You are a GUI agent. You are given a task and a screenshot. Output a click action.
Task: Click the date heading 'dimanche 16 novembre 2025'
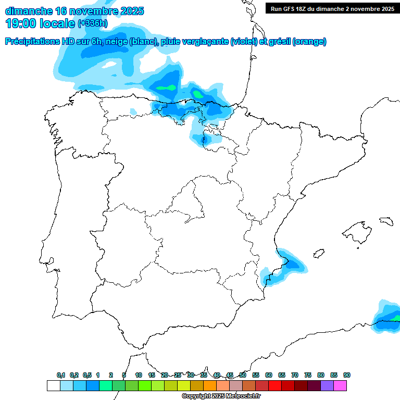point(74,11)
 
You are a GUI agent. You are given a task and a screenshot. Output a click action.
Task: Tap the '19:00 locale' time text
point(40,23)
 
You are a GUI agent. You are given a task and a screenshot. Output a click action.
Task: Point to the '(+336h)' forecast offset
point(93,23)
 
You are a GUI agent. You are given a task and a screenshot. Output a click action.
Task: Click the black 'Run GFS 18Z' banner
point(332,8)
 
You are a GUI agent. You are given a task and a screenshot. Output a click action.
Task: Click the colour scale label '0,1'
point(61,375)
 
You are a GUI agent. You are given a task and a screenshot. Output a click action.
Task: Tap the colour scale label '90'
point(347,375)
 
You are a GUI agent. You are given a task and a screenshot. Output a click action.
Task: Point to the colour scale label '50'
point(243,375)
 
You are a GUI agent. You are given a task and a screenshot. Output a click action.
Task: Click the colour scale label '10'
point(139,375)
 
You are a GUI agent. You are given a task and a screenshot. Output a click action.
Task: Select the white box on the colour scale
point(53,385)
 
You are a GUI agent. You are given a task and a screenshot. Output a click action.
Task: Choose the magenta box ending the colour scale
point(340,385)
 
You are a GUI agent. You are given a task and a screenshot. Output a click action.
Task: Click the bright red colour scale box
point(275,385)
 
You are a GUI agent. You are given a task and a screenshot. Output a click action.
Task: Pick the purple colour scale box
point(327,385)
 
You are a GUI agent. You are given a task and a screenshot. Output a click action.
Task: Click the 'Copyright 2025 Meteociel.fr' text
point(221,396)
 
